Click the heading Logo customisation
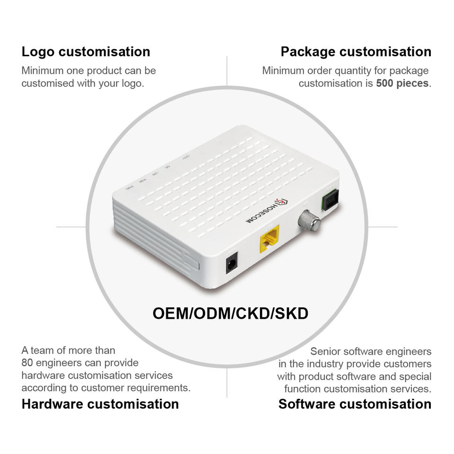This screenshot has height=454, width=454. [86, 52]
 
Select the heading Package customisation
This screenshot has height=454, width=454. [356, 52]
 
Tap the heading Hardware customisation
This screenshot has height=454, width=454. [100, 404]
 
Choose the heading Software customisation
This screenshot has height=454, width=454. [355, 404]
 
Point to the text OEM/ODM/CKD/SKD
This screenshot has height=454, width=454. [230, 313]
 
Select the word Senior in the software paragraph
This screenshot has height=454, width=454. [325, 351]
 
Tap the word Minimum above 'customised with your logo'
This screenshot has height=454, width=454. [42, 71]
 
